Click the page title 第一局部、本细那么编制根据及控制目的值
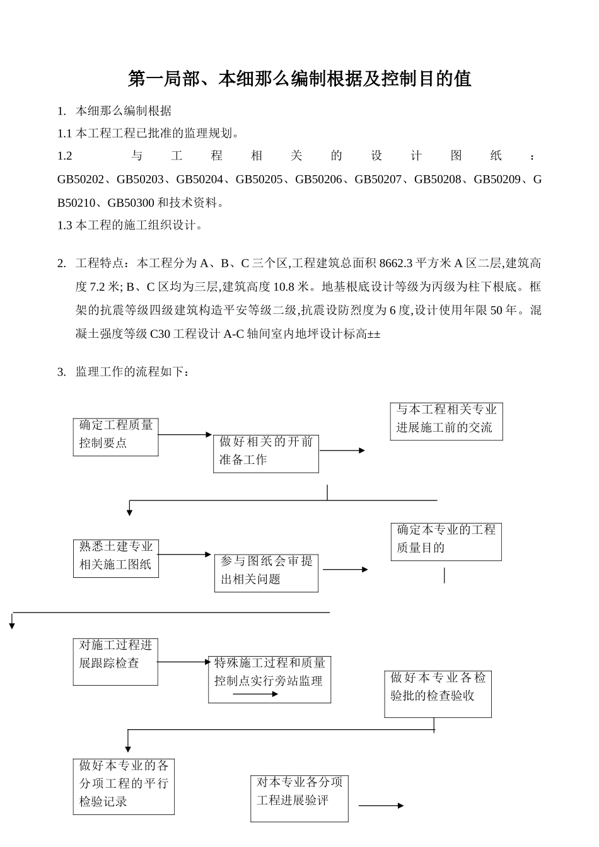[x=299, y=79]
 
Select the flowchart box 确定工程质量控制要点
[x=115, y=436]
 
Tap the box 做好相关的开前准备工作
[x=265, y=452]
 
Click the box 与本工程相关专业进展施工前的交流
[x=446, y=420]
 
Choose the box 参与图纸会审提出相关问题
[x=266, y=572]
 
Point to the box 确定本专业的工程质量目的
[x=446, y=541]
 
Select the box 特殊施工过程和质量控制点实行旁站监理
[x=269, y=679]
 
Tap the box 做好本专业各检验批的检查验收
[x=438, y=693]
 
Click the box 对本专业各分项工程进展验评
[x=299, y=798]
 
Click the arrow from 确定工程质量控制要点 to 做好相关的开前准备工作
[x=185, y=435]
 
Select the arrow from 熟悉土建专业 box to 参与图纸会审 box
[x=185, y=555]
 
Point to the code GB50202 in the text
[x=80, y=180]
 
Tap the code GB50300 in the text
[x=131, y=203]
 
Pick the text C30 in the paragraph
[x=160, y=334]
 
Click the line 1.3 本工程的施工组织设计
[x=130, y=225]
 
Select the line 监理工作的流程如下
[x=132, y=372]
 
